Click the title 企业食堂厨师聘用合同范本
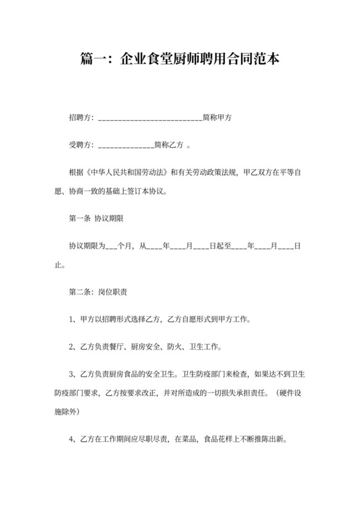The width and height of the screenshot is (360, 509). [179, 60]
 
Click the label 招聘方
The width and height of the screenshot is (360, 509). [80, 118]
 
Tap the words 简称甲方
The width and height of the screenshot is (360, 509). [217, 118]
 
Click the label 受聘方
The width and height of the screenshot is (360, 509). [80, 145]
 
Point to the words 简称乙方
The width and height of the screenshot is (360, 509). [169, 145]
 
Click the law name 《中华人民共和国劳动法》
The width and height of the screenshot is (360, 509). [126, 173]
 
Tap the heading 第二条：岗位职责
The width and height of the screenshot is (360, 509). [97, 292]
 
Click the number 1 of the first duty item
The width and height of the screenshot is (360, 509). [71, 319]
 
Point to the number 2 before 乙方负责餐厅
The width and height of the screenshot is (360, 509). [71, 347]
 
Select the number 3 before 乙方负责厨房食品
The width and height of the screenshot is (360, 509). [71, 374]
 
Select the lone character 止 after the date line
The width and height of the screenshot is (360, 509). [59, 264]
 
